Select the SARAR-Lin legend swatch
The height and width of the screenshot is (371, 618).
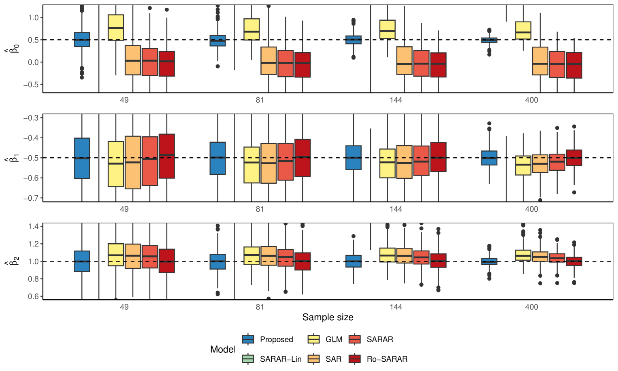[248, 359]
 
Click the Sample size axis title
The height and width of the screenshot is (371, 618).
[328, 317]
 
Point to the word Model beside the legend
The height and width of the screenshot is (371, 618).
[223, 349]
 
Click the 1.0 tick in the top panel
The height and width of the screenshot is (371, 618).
[33, 18]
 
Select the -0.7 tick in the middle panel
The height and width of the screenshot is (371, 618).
[31, 198]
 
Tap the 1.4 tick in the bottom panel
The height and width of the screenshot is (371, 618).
[33, 226]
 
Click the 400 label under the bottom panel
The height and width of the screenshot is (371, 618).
[531, 307]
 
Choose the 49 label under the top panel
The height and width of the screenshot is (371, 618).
[124, 100]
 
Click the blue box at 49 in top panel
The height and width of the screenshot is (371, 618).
[82, 39]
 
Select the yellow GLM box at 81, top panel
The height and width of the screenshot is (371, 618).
[251, 29]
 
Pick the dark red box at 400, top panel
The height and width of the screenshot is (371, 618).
[574, 65]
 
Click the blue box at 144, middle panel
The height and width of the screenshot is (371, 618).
[354, 158]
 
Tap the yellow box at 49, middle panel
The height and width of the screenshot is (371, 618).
[116, 164]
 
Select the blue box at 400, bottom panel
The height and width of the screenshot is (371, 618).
[489, 261]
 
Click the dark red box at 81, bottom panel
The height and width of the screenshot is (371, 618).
[303, 261]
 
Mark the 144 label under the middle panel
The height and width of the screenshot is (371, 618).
[396, 209]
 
